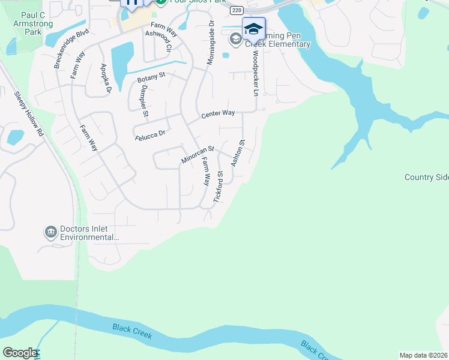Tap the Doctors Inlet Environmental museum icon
50,232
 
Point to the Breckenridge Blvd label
71,47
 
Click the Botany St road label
151,77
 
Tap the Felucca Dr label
150,135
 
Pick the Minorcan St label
197,154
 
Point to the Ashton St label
238,153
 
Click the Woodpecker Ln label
255,73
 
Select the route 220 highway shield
237,10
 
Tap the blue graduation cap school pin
253,28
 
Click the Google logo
19,353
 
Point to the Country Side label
427,177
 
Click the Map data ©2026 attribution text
424,355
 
